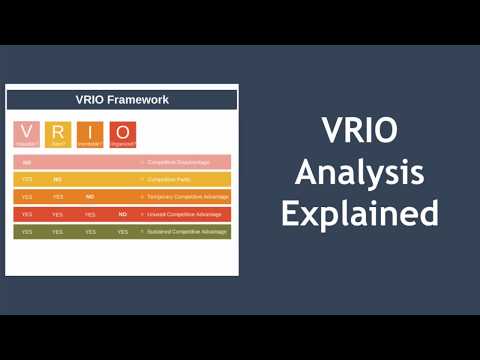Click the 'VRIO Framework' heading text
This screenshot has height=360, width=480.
click(x=122, y=99)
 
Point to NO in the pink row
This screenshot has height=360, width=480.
click(x=27, y=162)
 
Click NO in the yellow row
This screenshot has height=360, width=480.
click(x=58, y=179)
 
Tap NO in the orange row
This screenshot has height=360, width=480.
click(x=90, y=197)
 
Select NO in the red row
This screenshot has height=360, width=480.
click(x=122, y=214)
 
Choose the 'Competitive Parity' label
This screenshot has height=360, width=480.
click(x=169, y=179)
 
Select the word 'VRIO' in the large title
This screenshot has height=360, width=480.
click(x=359, y=132)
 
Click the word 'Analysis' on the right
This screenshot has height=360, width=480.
click(x=359, y=172)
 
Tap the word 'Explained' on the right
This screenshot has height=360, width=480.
click(x=359, y=213)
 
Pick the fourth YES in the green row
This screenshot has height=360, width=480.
click(x=122, y=232)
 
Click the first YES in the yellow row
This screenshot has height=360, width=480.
click(x=27, y=179)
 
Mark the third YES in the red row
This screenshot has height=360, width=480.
click(x=90, y=214)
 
